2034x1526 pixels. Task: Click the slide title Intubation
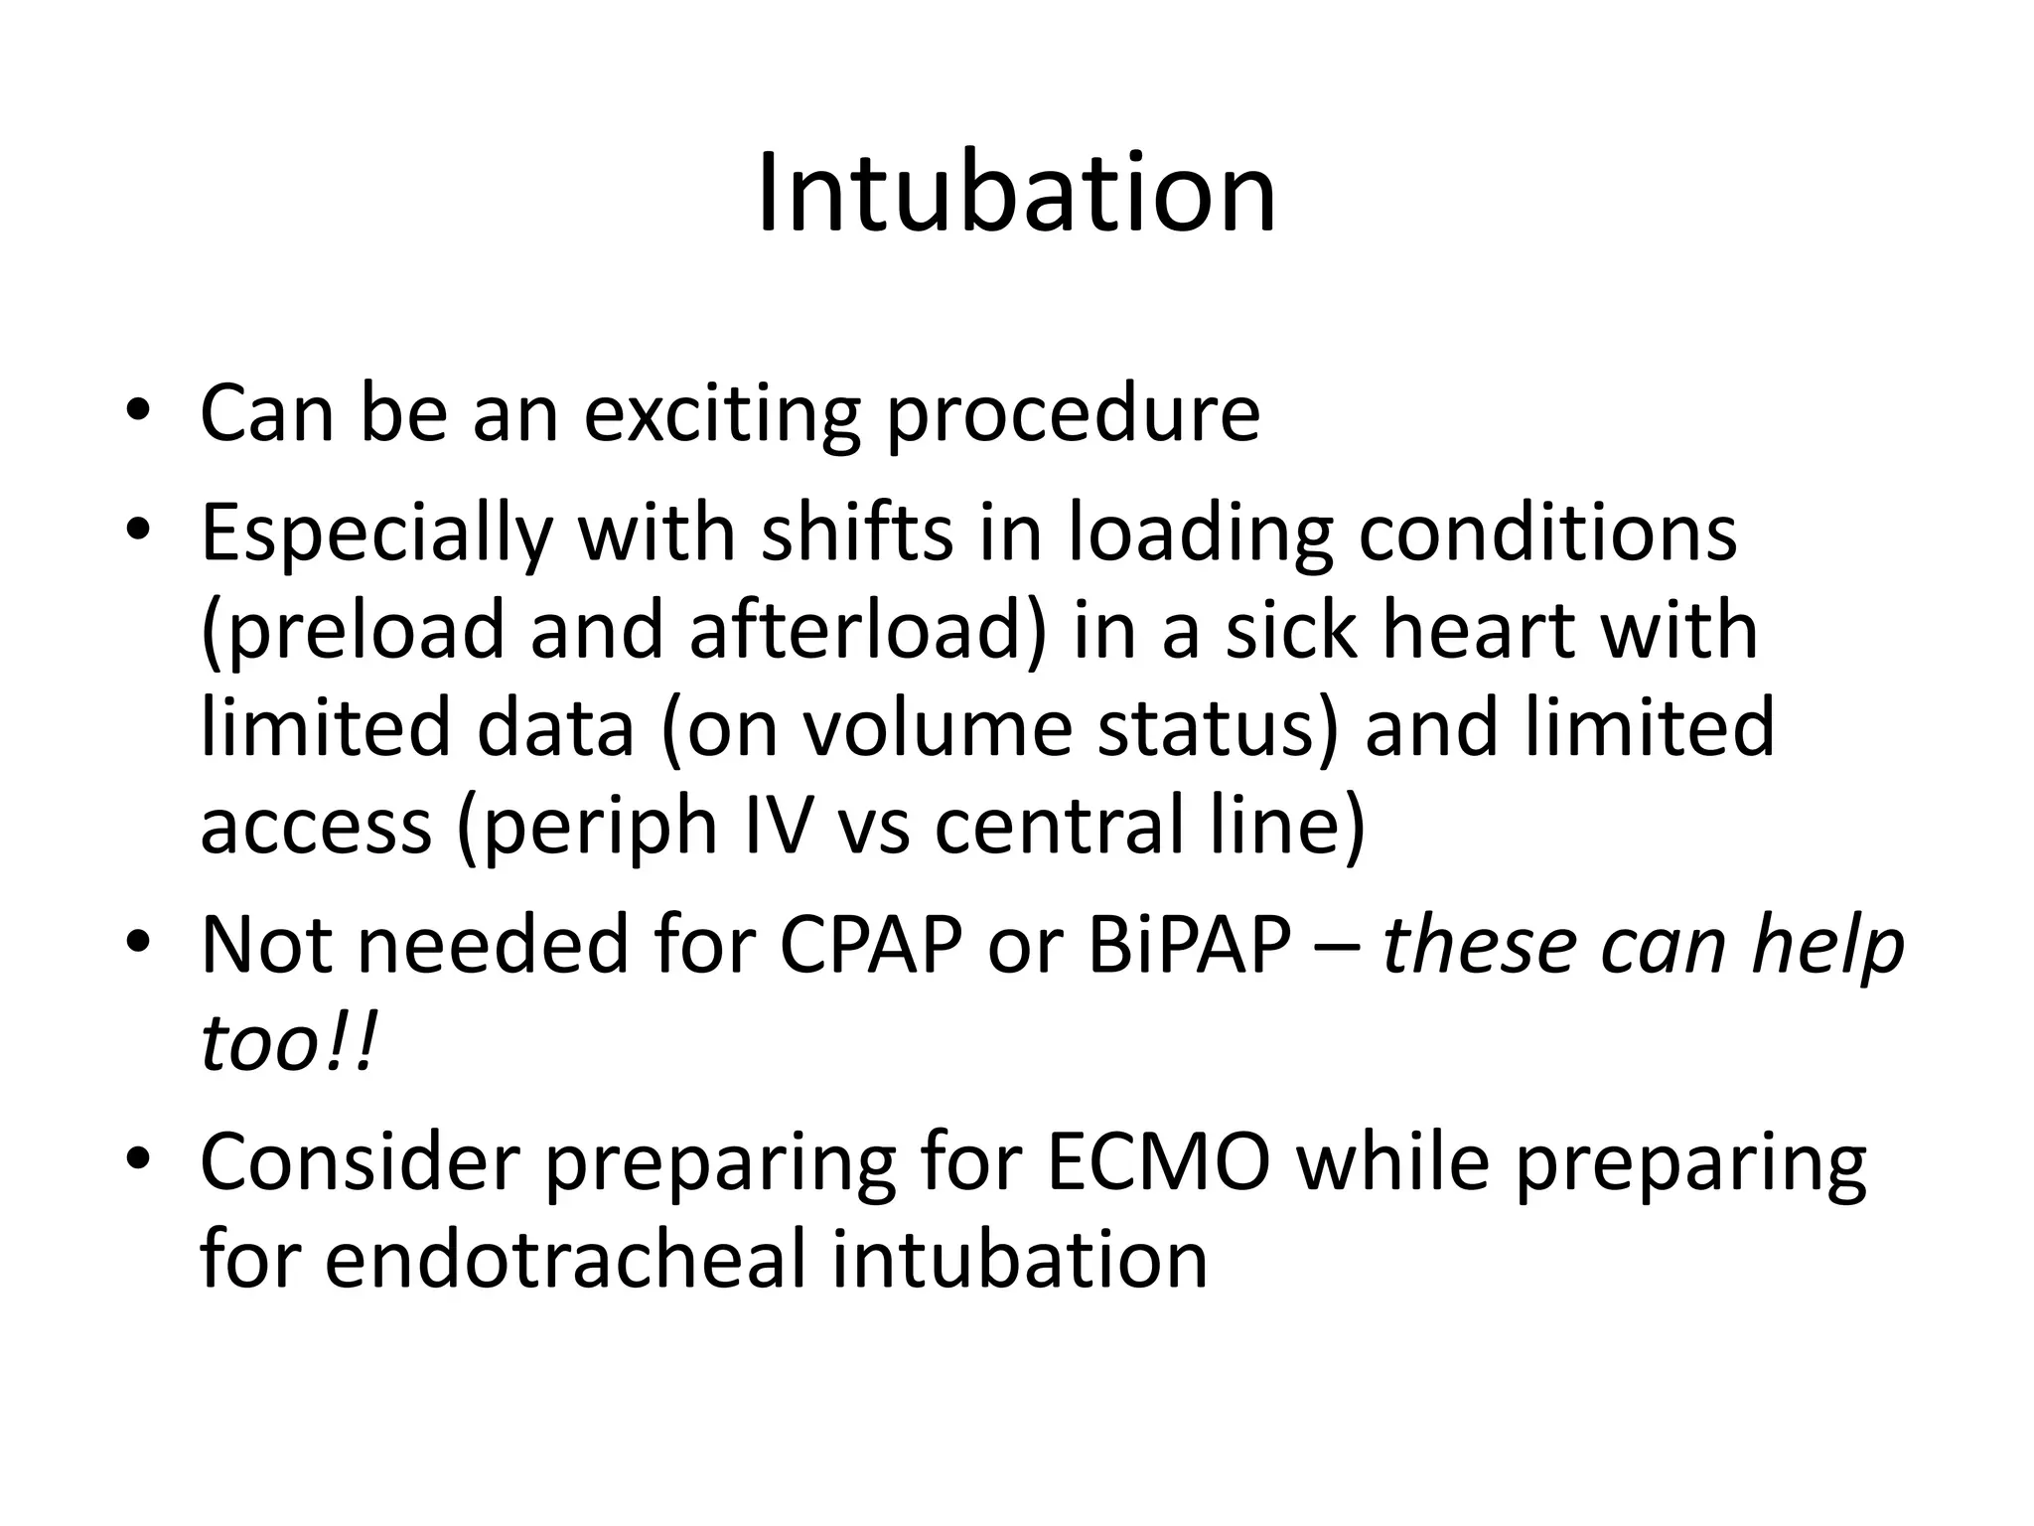click(1016, 193)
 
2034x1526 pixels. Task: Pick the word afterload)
click(868, 630)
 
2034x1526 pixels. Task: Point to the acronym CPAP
click(870, 945)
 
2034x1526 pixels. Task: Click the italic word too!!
click(289, 1044)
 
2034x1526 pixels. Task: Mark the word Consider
click(360, 1162)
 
